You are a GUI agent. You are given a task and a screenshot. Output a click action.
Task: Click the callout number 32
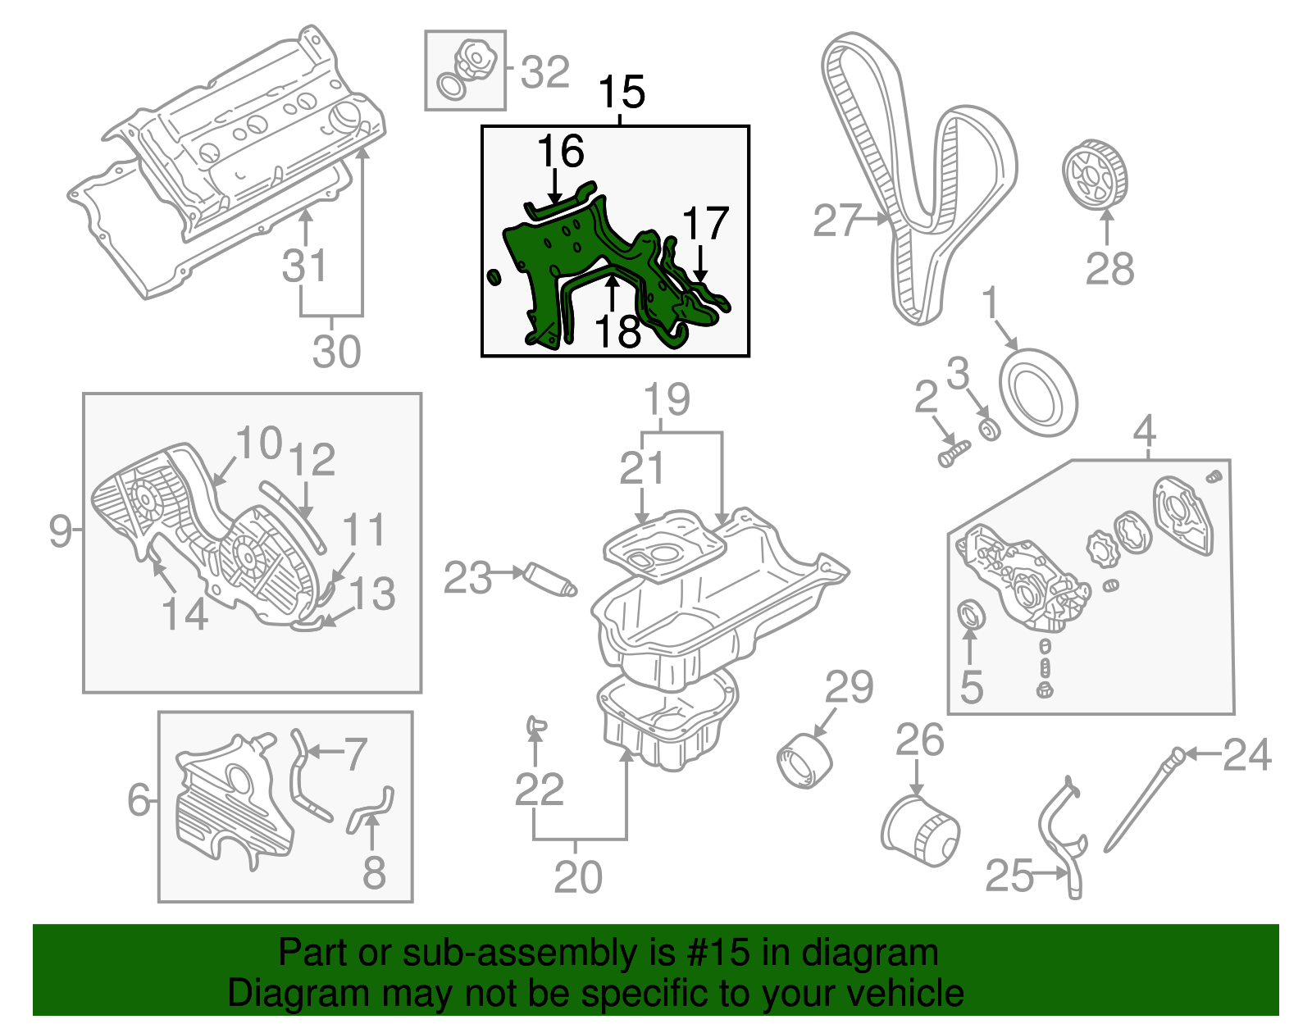tap(544, 72)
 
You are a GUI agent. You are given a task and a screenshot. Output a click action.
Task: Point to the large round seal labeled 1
tap(1037, 393)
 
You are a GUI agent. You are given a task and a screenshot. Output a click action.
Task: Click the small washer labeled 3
tap(991, 429)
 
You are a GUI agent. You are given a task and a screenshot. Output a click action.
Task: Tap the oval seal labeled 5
tap(972, 616)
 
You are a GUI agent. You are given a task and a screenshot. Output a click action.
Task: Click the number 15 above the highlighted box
tap(622, 92)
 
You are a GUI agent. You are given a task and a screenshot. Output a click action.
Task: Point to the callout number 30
tap(336, 352)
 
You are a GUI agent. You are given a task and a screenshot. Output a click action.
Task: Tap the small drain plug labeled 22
tap(535, 724)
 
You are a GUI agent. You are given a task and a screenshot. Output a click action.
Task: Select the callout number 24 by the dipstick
tap(1246, 754)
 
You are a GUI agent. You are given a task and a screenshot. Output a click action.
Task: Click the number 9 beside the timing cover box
tap(60, 530)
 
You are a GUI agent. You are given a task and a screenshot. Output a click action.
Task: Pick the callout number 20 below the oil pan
tap(578, 877)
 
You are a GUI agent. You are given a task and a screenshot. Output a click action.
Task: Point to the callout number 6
tap(139, 799)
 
